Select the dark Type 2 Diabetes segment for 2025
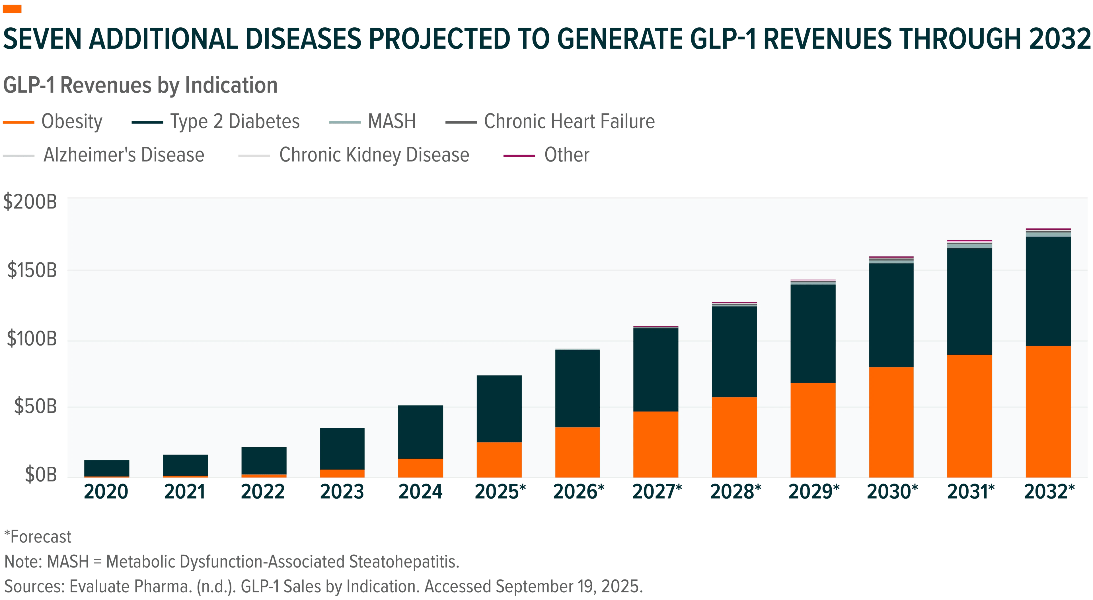(499, 409)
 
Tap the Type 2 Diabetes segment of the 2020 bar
(106, 468)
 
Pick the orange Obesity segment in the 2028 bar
(734, 437)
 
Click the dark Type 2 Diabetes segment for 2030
(891, 315)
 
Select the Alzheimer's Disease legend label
(124, 155)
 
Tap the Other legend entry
(546, 155)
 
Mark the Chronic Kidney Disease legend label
(374, 155)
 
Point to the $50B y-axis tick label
(36, 406)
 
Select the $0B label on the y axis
(41, 474)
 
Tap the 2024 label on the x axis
(420, 492)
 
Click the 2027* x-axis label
(657, 492)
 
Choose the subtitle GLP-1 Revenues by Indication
(140, 85)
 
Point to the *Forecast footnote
(38, 537)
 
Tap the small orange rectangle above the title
(12, 9)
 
